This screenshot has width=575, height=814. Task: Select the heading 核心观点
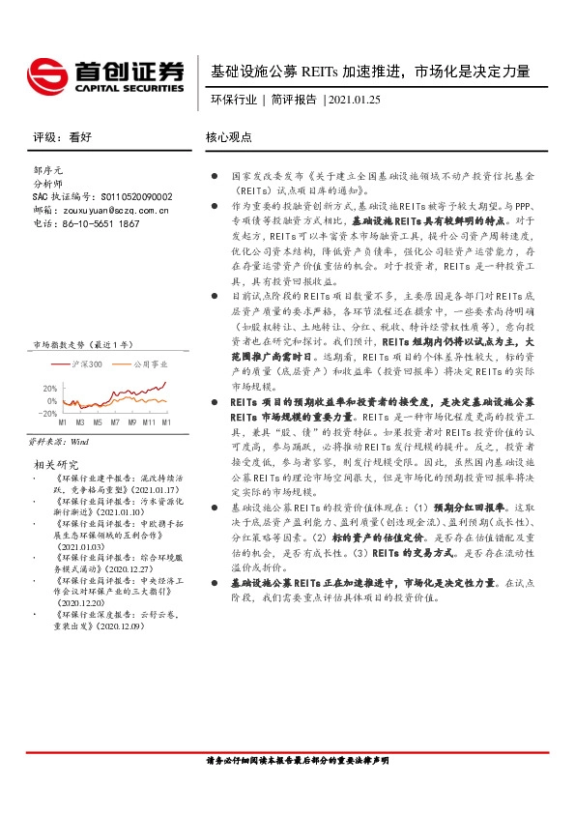pos(229,137)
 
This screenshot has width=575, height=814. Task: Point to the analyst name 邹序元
pos(48,169)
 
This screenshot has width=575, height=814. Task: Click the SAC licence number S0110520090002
pos(129,195)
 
